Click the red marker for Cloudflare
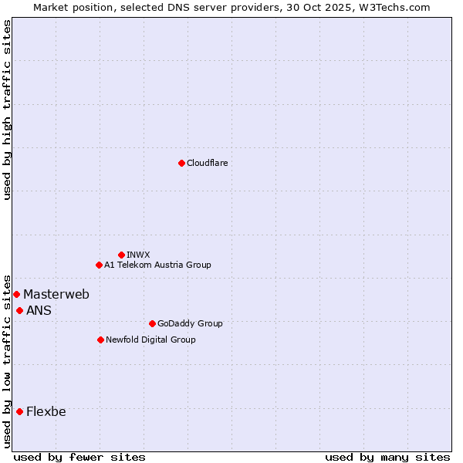click(x=181, y=163)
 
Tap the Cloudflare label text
click(x=207, y=163)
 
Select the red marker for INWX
click(x=121, y=255)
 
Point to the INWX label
click(x=138, y=255)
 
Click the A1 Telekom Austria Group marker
click(x=99, y=265)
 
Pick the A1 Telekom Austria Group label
click(x=157, y=265)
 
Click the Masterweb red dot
click(x=16, y=294)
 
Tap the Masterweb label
click(x=56, y=294)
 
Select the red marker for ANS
click(x=19, y=310)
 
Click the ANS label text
click(x=39, y=310)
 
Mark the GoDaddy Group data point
click(x=152, y=323)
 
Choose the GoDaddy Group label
click(x=190, y=323)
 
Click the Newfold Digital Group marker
click(x=100, y=340)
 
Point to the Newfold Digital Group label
click(x=150, y=340)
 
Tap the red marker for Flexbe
click(x=19, y=411)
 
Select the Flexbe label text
click(x=46, y=411)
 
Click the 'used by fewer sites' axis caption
click(x=79, y=457)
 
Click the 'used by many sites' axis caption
click(x=387, y=457)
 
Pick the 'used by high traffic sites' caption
click(x=8, y=110)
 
